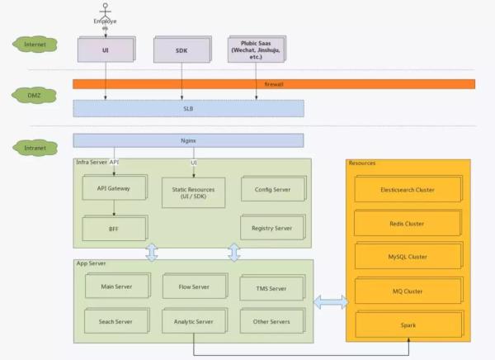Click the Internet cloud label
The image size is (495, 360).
click(x=35, y=44)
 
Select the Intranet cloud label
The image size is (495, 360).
click(x=35, y=148)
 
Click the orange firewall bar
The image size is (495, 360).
click(x=273, y=84)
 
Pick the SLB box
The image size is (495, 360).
click(x=188, y=108)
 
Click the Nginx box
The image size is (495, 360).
click(x=188, y=140)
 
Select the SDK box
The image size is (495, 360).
click(x=181, y=50)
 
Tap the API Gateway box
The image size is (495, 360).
click(x=114, y=189)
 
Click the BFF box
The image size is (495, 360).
click(x=114, y=227)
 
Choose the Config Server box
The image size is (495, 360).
click(x=266, y=189)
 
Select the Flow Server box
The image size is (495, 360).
click(x=194, y=287)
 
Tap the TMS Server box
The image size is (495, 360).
click(x=266, y=288)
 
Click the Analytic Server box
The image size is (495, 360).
click(x=194, y=321)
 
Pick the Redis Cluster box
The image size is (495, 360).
click(x=408, y=223)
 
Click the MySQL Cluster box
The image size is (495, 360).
click(x=408, y=257)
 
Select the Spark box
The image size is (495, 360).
click(x=408, y=324)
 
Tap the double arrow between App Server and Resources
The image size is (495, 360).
click(x=331, y=304)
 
